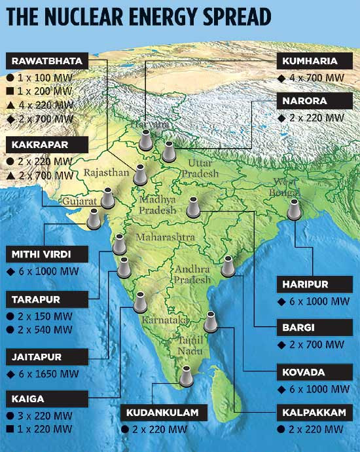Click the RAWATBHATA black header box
[x=45, y=62]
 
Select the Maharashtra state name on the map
[x=166, y=236]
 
